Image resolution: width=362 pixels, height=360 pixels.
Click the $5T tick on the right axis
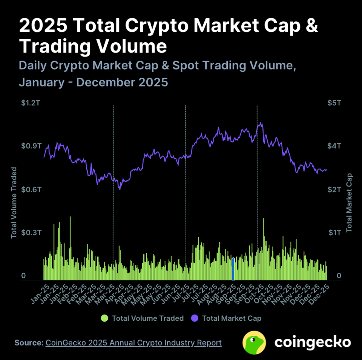334,103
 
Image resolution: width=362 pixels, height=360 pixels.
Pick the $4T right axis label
334,146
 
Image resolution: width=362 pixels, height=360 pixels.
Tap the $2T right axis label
334,189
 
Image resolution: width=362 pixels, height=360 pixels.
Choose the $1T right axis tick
334,232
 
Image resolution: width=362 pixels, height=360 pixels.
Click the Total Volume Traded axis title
14,202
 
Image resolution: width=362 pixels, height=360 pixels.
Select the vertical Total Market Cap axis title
349,203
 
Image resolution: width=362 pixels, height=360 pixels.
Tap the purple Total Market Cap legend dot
195,318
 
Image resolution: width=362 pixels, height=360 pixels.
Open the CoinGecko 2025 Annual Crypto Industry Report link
133,343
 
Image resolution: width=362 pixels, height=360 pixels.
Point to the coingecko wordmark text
313,343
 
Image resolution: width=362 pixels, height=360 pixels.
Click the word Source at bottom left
29,343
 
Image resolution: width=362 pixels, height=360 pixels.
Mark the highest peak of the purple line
260,123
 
